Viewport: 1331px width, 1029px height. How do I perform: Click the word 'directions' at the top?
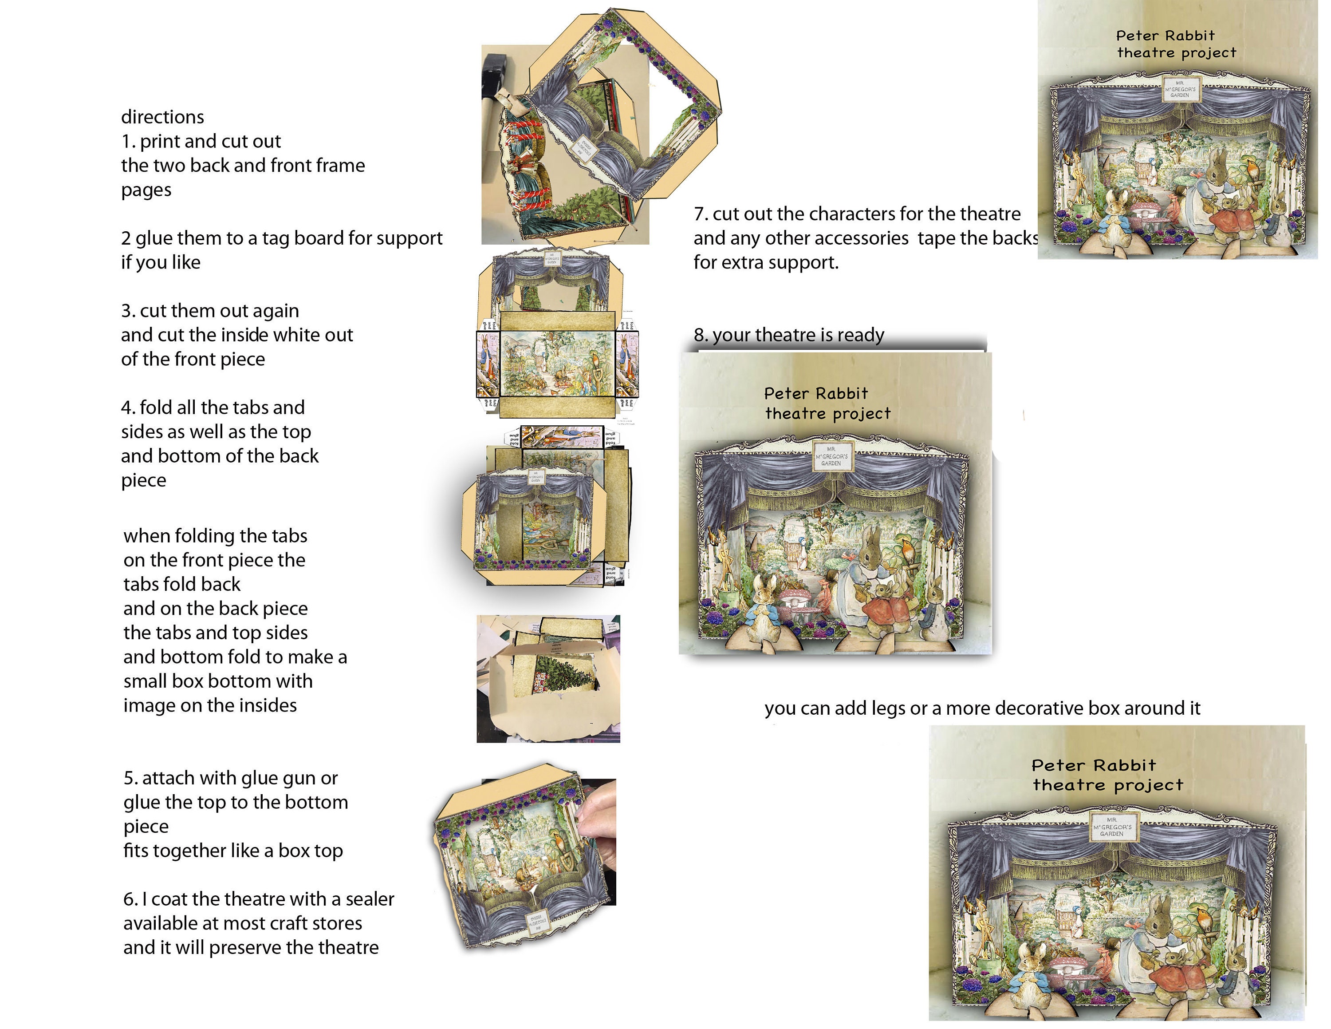[162, 116]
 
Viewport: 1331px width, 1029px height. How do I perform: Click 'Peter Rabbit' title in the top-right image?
[1165, 36]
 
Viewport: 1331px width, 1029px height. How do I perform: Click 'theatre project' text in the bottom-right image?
[1107, 785]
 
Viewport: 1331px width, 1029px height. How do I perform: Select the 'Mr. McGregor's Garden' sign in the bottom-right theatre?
[1112, 827]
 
